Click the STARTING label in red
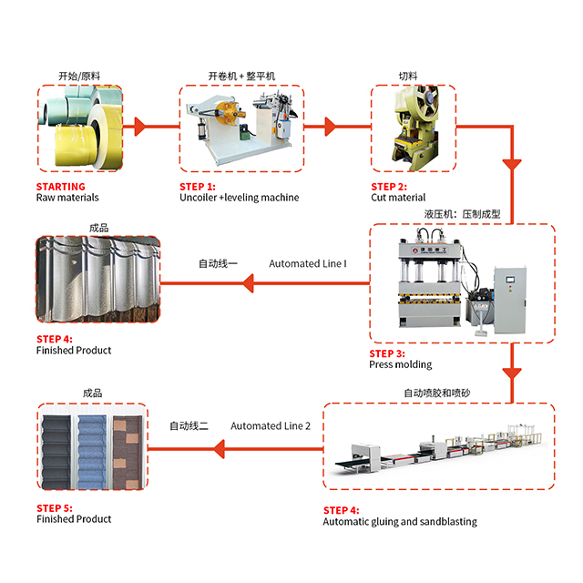pyautogui.click(x=61, y=186)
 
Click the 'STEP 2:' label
pyautogui.click(x=389, y=186)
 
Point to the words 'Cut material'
pyautogui.click(x=398, y=198)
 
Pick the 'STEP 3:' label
pyautogui.click(x=388, y=353)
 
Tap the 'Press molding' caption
pyautogui.click(x=400, y=364)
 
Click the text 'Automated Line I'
pyautogui.click(x=308, y=264)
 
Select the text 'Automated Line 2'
pyautogui.click(x=271, y=425)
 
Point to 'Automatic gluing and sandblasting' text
pyautogui.click(x=400, y=522)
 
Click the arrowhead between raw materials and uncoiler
pyautogui.click(x=139, y=126)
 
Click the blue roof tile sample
pyautogui.click(x=93, y=447)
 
